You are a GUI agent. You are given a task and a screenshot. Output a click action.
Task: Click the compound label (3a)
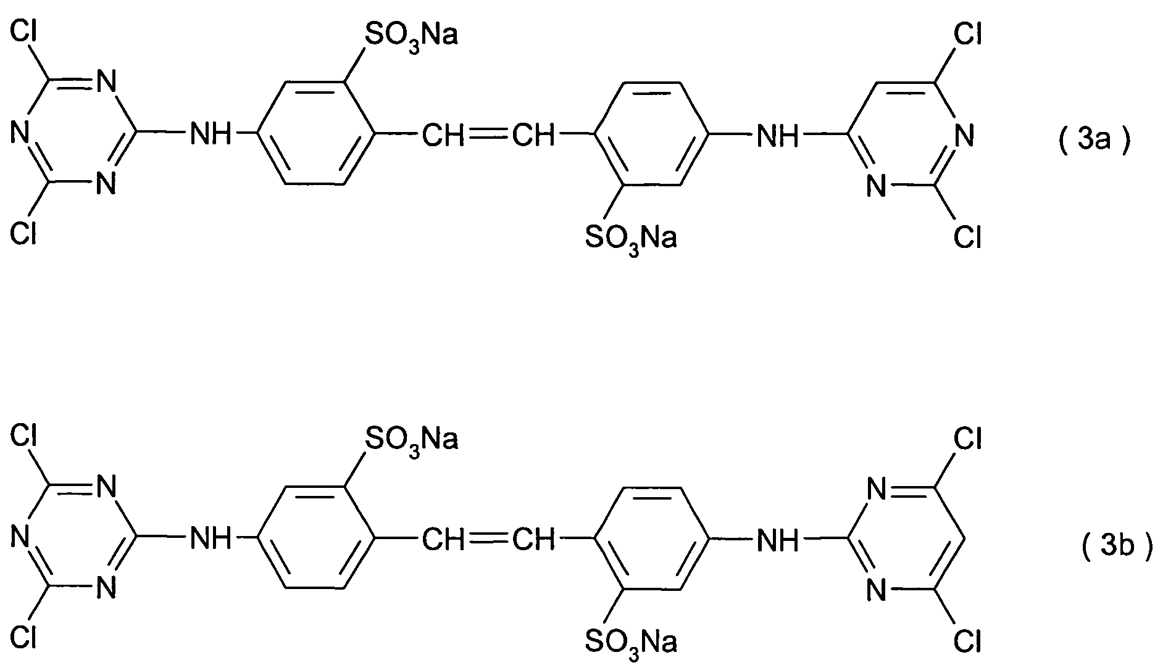pyautogui.click(x=1094, y=141)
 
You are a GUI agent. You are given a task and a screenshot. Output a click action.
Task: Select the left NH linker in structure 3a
pyautogui.click(x=210, y=134)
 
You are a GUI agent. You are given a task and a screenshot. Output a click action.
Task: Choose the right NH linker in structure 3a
pyautogui.click(x=778, y=134)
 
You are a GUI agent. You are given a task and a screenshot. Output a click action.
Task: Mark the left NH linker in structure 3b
pyautogui.click(x=210, y=539)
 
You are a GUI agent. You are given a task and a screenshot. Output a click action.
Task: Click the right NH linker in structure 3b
pyautogui.click(x=778, y=539)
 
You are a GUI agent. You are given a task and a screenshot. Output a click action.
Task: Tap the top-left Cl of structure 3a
pyautogui.click(x=24, y=33)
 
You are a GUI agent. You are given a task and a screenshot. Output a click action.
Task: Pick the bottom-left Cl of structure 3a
pyautogui.click(x=24, y=235)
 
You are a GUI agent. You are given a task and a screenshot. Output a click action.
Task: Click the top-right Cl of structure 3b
pyautogui.click(x=967, y=438)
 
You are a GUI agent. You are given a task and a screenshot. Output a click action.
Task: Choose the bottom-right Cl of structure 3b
pyautogui.click(x=967, y=641)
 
